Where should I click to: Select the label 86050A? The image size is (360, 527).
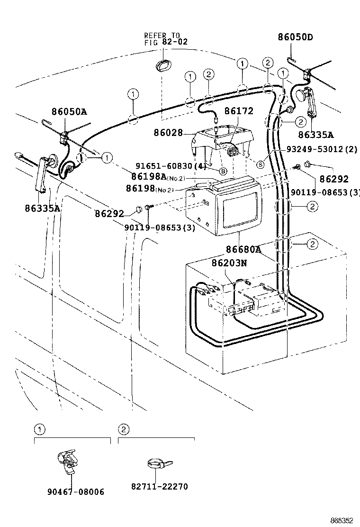[x=69, y=112]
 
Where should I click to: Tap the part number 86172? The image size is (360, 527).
[x=239, y=111]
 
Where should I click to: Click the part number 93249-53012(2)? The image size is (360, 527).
[x=322, y=149]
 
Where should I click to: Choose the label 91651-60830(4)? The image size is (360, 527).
[x=171, y=166]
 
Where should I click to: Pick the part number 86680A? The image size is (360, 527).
[x=243, y=249]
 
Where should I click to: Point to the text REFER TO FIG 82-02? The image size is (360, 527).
[x=165, y=38]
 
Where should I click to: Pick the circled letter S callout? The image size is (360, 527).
[x=260, y=164]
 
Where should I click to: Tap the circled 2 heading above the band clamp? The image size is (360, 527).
[x=123, y=430]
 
